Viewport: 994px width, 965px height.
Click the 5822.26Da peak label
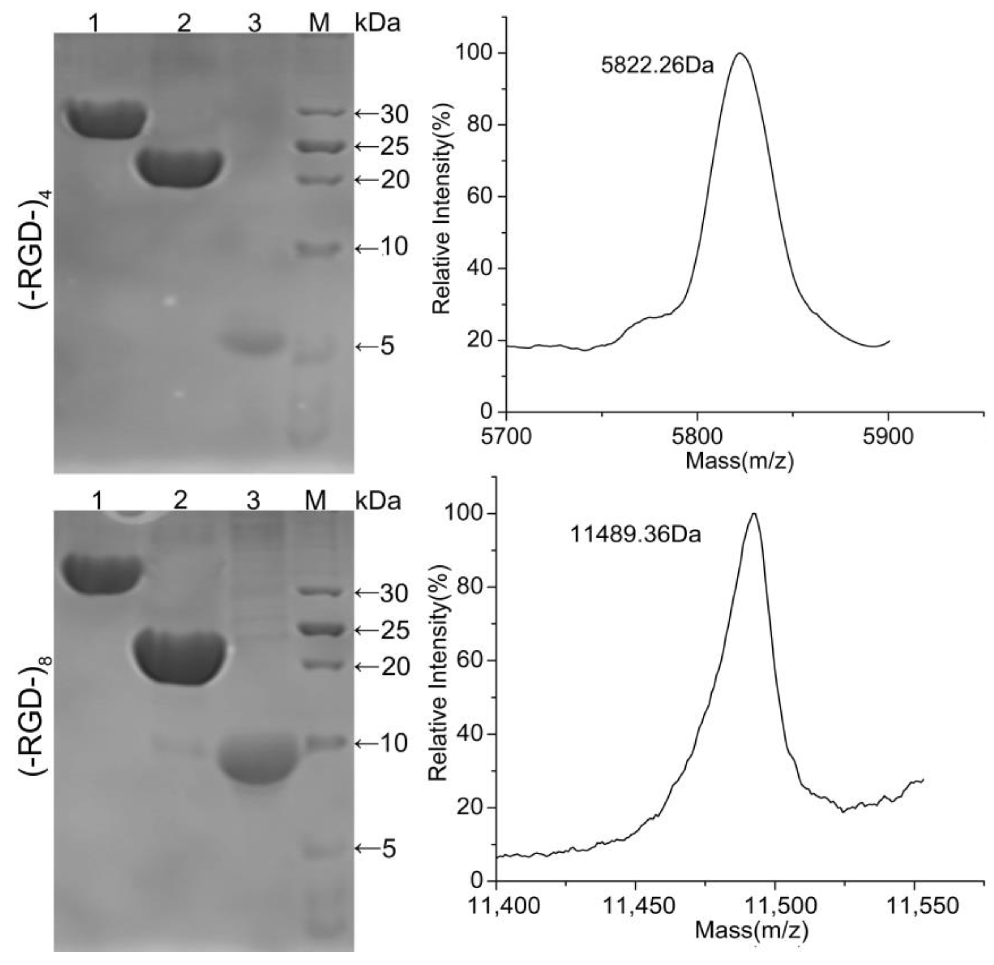pyautogui.click(x=657, y=66)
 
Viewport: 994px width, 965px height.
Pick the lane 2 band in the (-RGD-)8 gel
pyautogui.click(x=180, y=658)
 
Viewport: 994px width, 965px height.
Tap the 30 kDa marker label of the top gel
pyautogui.click(x=395, y=115)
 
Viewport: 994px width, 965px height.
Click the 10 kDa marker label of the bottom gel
pyautogui.click(x=395, y=744)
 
